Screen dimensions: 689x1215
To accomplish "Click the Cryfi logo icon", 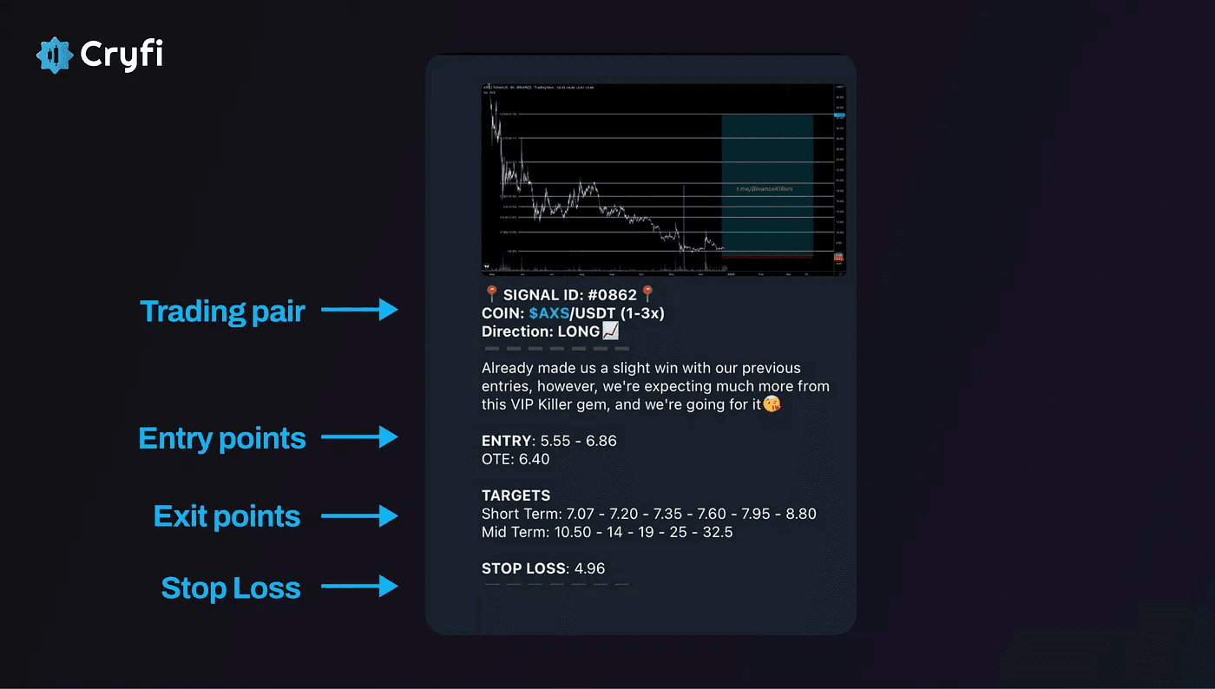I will coord(55,56).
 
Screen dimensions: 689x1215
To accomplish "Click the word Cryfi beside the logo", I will coord(121,55).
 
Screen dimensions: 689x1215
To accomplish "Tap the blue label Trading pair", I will coord(222,312).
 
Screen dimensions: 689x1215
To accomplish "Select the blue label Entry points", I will coord(222,438).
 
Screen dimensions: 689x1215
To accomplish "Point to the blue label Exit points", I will coord(227,516).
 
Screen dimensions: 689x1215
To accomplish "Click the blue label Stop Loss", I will coord(231,588).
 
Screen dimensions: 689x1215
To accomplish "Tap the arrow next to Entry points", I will coord(359,437).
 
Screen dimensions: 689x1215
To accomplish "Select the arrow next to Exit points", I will coord(359,516).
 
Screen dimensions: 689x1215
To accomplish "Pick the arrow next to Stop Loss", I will coord(359,587).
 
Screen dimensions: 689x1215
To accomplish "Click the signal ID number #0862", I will coord(612,296).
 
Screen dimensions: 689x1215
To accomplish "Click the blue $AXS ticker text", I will coord(548,313).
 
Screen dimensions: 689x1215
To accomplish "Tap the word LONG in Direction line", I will coord(579,331).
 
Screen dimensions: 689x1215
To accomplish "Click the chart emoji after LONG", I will coord(611,331).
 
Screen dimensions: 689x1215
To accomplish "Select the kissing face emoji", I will coord(771,404).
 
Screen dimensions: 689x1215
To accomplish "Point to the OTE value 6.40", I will coord(534,459).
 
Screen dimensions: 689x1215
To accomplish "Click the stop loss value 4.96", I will coord(589,569).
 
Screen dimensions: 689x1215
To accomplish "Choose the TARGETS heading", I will coord(516,495).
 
